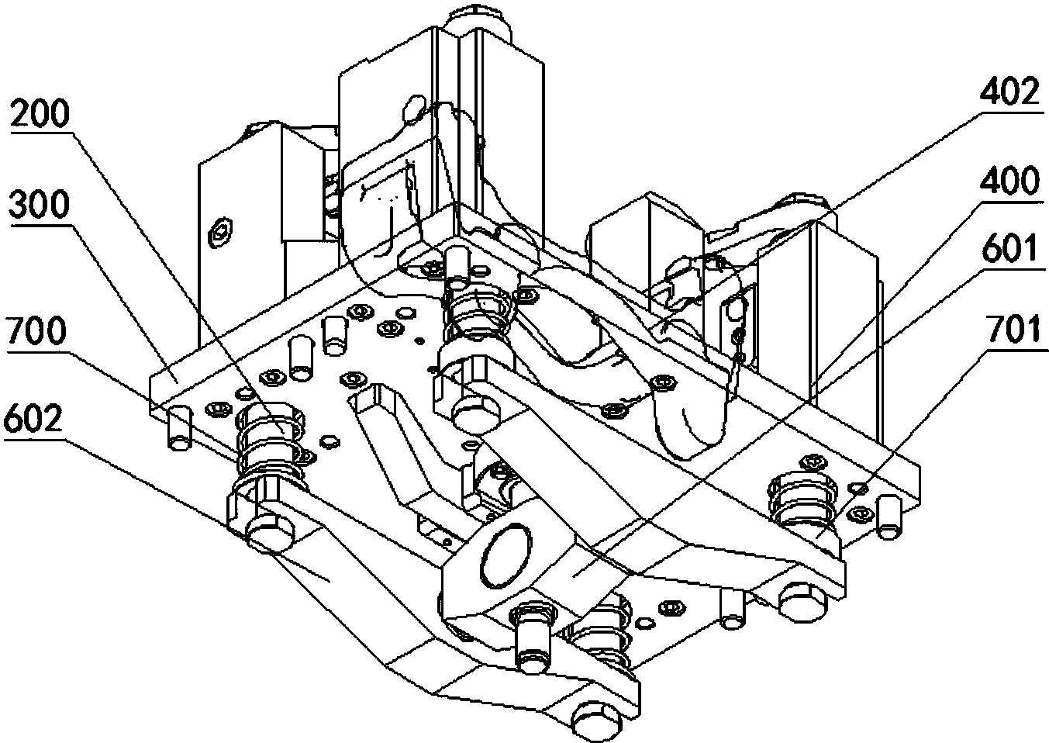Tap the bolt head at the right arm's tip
[798, 598]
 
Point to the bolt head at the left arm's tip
[270, 534]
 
